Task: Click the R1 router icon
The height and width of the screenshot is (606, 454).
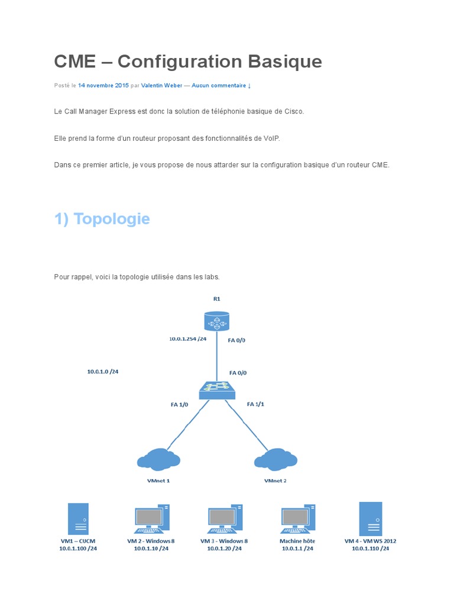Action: pos(216,322)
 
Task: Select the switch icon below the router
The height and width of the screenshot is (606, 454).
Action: pos(216,390)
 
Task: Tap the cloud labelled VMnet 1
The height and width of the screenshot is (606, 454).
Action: pos(158,460)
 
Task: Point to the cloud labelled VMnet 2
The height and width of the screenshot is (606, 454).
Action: pos(275,460)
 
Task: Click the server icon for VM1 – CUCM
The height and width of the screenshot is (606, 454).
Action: pos(78,519)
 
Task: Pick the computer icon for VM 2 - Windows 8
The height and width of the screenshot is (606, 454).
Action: pos(151,519)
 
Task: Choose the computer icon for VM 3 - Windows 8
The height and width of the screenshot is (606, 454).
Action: pos(224,519)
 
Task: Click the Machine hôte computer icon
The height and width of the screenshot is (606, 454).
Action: pos(297,519)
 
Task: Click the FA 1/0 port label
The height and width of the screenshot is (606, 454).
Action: pos(179,405)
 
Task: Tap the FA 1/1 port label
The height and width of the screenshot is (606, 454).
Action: pos(255,404)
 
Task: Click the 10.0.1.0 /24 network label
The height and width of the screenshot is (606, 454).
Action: pos(103,372)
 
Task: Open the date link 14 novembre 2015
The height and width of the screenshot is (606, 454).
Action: pos(103,86)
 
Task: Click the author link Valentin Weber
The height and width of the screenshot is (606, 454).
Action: pos(161,86)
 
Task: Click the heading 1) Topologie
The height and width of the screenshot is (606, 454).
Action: pos(102,219)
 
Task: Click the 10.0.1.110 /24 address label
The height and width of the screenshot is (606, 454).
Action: pos(371,549)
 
